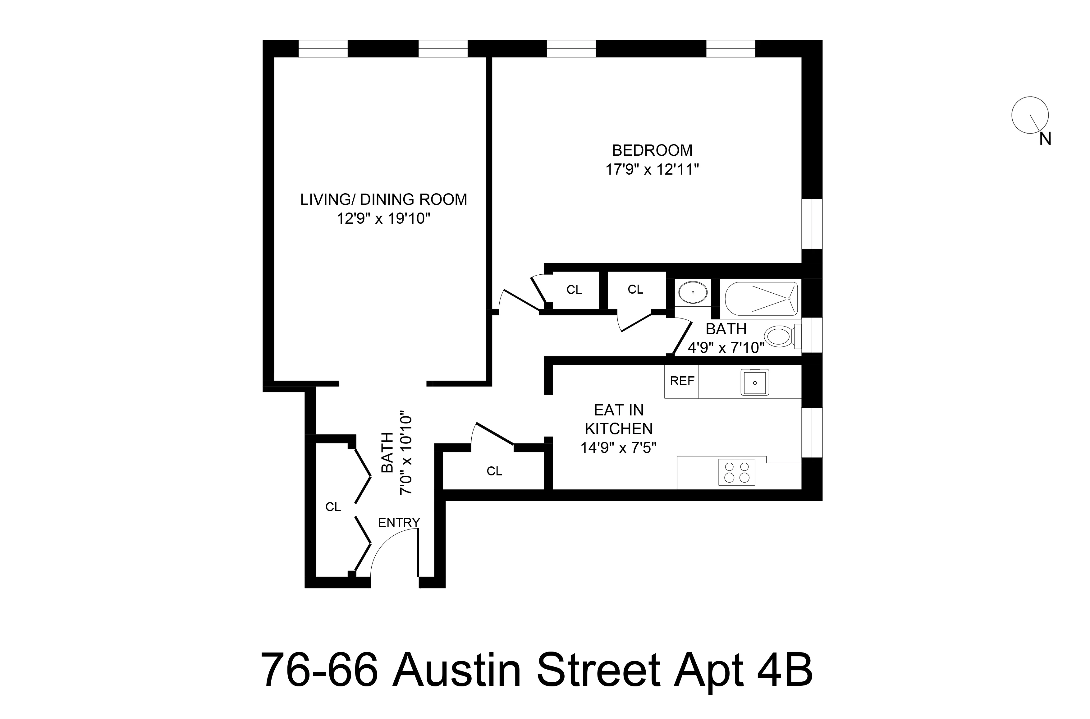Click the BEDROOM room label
click(x=652, y=150)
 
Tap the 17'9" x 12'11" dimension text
click(x=652, y=170)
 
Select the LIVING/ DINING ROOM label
click(x=383, y=199)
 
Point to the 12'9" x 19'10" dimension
click(x=383, y=219)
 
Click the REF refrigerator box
click(x=681, y=381)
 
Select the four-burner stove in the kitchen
click(x=736, y=472)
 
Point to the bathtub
click(x=761, y=299)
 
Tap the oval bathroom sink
click(x=692, y=292)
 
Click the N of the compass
click(x=1045, y=139)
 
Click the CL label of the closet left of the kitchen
click(x=494, y=471)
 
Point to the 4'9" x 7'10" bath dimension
click(x=726, y=348)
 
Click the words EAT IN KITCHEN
click(x=619, y=419)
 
